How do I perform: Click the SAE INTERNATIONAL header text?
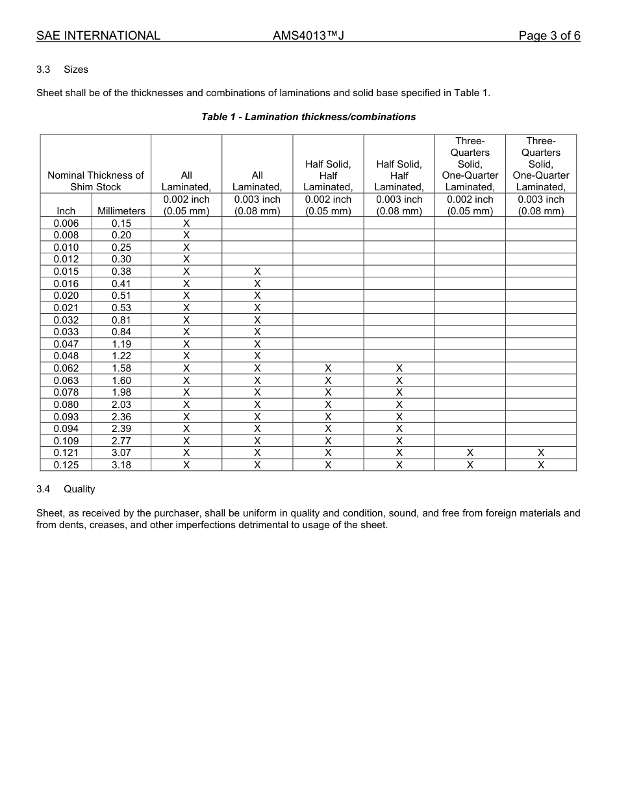click(98, 36)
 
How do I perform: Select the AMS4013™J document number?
click(308, 36)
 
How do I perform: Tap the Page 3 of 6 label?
click(549, 36)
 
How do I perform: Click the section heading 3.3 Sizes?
click(62, 70)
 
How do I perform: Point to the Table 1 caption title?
click(308, 117)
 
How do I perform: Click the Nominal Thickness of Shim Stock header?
click(95, 181)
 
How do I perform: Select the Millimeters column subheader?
click(121, 211)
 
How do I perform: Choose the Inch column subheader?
click(66, 211)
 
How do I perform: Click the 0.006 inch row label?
click(66, 223)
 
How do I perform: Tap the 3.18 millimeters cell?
click(121, 465)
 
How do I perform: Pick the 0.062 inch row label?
click(66, 368)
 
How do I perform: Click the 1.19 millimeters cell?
click(121, 344)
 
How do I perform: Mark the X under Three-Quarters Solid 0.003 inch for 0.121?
click(540, 453)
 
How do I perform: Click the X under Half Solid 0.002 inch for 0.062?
click(328, 368)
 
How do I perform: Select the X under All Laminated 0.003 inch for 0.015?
click(257, 272)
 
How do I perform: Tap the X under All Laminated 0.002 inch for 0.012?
click(186, 259)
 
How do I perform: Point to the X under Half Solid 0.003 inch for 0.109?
click(399, 441)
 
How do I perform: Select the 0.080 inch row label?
click(66, 405)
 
